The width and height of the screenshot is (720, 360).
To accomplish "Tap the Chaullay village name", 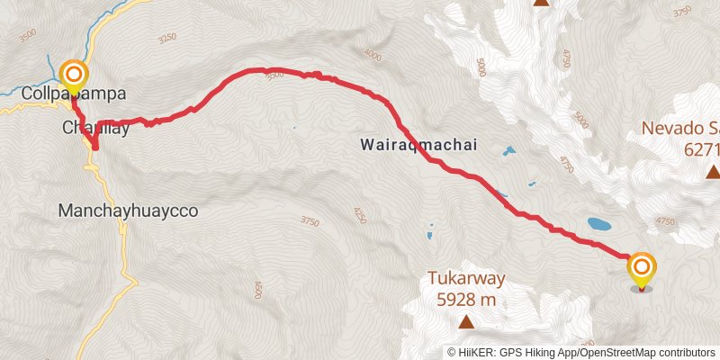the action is coord(95,129).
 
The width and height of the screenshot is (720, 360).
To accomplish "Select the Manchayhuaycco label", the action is coord(127,211).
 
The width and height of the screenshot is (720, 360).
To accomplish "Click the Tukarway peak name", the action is coord(465,278).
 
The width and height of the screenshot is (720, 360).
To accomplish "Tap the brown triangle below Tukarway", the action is coord(466,321).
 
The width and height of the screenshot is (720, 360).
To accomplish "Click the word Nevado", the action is coord(670,128).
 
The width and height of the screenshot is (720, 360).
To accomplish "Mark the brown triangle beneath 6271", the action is coord(713,171).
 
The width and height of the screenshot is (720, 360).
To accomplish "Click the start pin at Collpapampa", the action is coord(72,75).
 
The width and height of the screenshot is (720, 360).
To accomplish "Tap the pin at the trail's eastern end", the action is coord(642,268).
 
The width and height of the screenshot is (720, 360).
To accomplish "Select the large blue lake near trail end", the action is coord(598,222).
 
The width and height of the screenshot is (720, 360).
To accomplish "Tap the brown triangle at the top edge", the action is coord(541,3).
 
